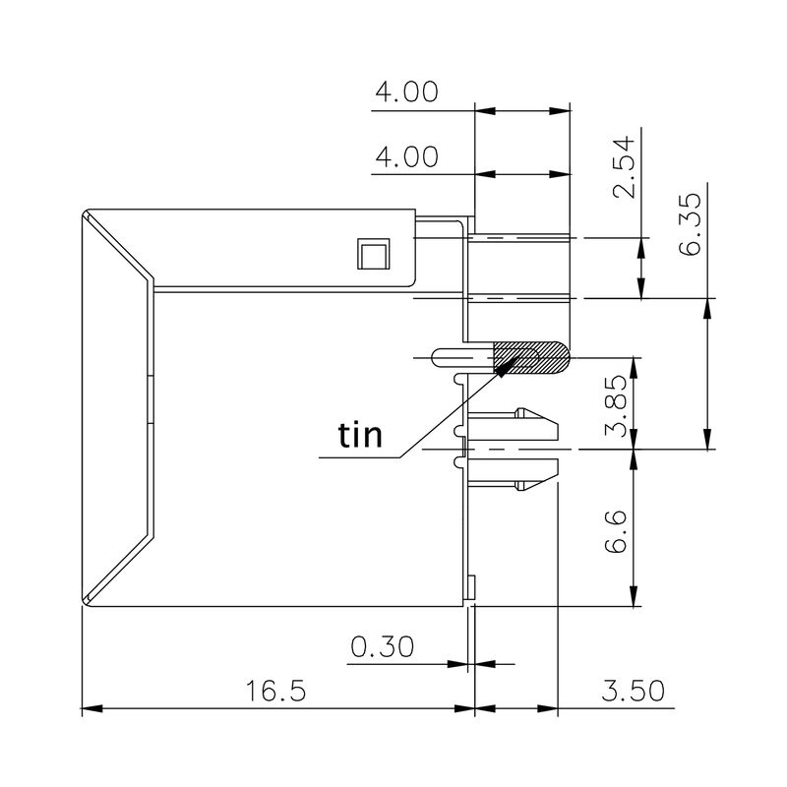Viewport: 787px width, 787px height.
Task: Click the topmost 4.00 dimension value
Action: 405,92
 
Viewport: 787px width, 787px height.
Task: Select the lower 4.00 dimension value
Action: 405,156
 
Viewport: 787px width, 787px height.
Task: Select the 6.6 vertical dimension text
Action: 617,531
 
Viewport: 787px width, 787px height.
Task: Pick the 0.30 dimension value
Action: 383,647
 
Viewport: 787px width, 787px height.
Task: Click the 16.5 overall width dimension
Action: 277,690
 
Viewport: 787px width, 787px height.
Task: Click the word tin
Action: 360,434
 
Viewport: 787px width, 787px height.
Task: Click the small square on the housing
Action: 373,255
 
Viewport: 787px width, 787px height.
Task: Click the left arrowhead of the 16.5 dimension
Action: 89,707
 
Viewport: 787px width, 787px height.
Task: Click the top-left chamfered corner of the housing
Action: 87,215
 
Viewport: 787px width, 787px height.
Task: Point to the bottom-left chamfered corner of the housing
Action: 87,598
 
